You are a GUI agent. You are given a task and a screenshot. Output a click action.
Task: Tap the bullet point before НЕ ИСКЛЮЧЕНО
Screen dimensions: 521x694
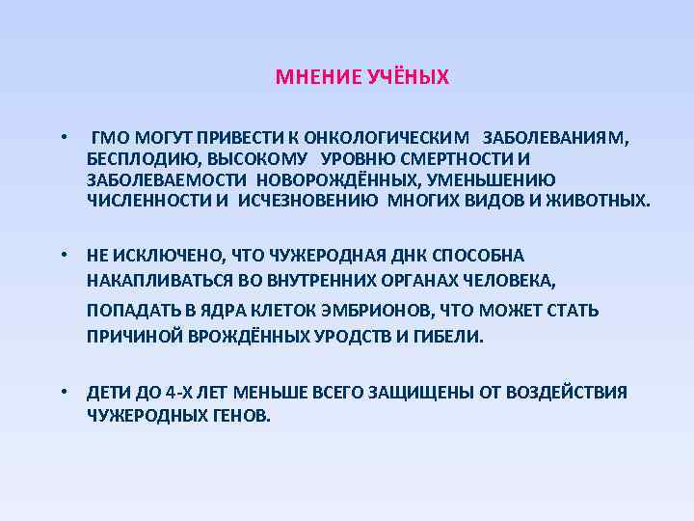[x=61, y=256]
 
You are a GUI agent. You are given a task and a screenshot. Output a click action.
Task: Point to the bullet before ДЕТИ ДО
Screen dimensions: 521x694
[x=61, y=393]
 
